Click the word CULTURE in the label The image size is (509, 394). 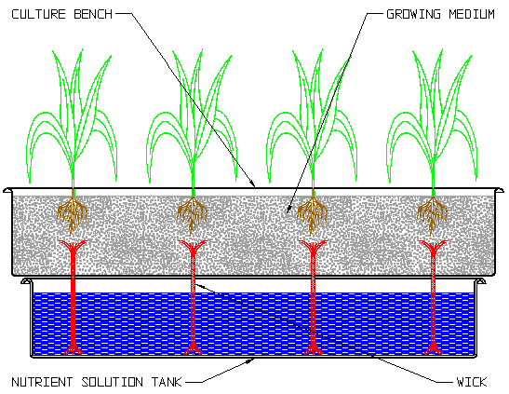click(39, 14)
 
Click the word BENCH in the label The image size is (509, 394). click(93, 14)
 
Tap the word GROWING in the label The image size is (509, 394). click(413, 14)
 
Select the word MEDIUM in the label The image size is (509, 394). click(472, 14)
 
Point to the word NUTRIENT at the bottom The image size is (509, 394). click(42, 382)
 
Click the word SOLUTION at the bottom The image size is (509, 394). click(112, 382)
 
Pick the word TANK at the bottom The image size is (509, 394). click(167, 382)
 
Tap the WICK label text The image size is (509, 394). click(472, 382)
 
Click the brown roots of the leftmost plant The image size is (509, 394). click(73, 212)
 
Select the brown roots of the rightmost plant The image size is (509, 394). click(432, 212)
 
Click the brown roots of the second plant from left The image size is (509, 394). click(193, 212)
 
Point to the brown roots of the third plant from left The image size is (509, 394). click(313, 212)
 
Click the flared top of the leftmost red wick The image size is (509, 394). click(73, 246)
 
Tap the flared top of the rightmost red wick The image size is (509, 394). click(433, 246)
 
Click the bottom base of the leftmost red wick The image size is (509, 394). click(73, 348)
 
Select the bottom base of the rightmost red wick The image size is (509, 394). click(433, 348)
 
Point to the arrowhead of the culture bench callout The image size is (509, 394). click(252, 183)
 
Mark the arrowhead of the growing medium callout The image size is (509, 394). click(288, 210)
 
